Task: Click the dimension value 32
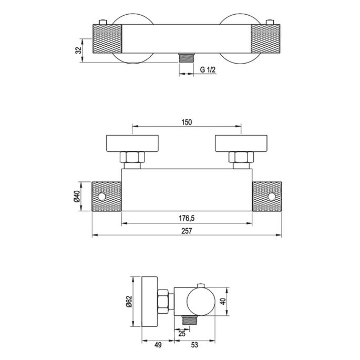(x=78, y=50)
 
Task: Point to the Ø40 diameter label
(x=78, y=196)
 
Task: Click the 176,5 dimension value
(x=187, y=219)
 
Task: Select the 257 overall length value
(x=187, y=232)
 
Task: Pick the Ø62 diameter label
(x=128, y=302)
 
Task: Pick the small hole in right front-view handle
(x=271, y=197)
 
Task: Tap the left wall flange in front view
(x=132, y=143)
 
